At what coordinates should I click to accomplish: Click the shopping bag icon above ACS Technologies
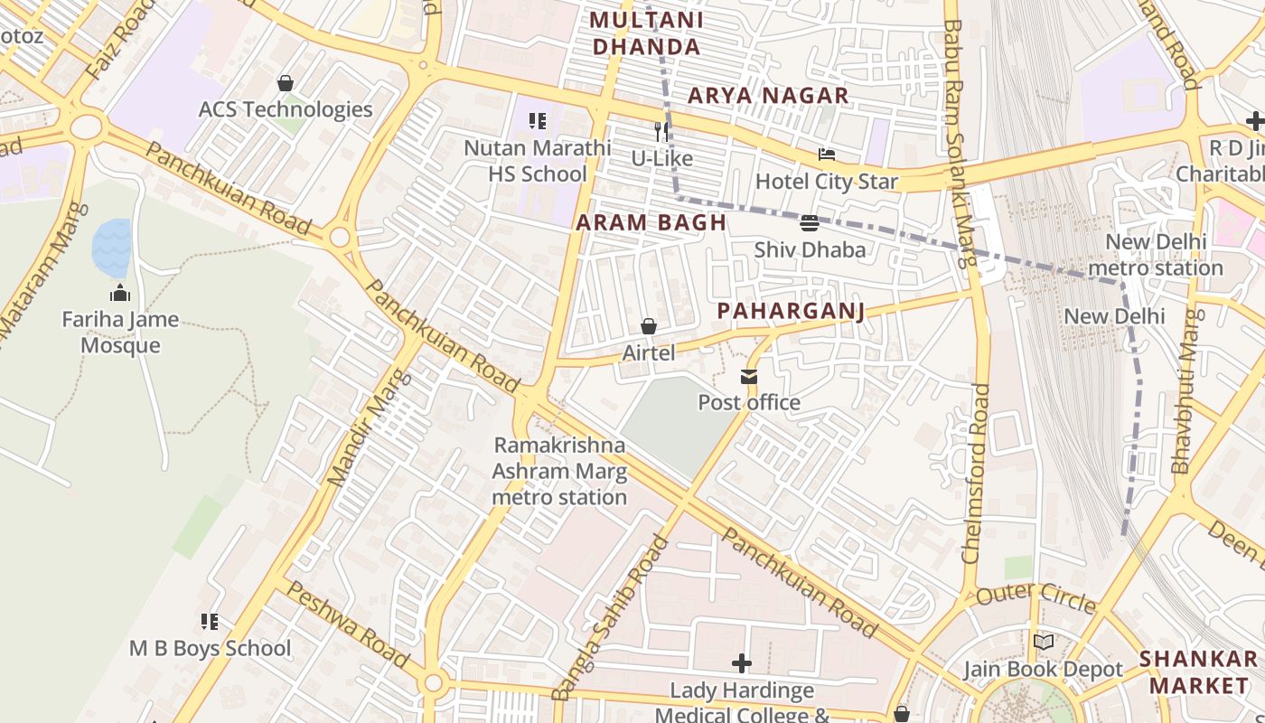tap(286, 83)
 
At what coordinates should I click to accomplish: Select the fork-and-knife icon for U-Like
tap(661, 131)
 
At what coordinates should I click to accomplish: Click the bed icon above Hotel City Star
tap(826, 155)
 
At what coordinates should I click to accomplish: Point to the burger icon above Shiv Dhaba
tap(810, 222)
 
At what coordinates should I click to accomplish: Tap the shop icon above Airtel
tap(648, 326)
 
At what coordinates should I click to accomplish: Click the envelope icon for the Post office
tap(749, 376)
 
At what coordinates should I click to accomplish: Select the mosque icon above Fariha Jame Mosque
tap(119, 293)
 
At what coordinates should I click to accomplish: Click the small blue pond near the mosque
tap(111, 247)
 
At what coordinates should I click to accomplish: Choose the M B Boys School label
tap(210, 648)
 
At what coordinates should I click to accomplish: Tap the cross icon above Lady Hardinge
tap(742, 663)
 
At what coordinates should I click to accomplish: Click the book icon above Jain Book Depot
tap(1043, 643)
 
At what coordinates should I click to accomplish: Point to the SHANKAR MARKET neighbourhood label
tap(1198, 671)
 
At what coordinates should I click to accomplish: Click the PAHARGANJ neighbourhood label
tap(791, 311)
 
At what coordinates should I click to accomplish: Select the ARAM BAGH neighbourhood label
tap(651, 222)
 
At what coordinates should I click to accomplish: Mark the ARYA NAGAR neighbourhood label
tap(768, 95)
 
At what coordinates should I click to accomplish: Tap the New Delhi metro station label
tap(1155, 255)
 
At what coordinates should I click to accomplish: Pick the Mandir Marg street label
tap(358, 440)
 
